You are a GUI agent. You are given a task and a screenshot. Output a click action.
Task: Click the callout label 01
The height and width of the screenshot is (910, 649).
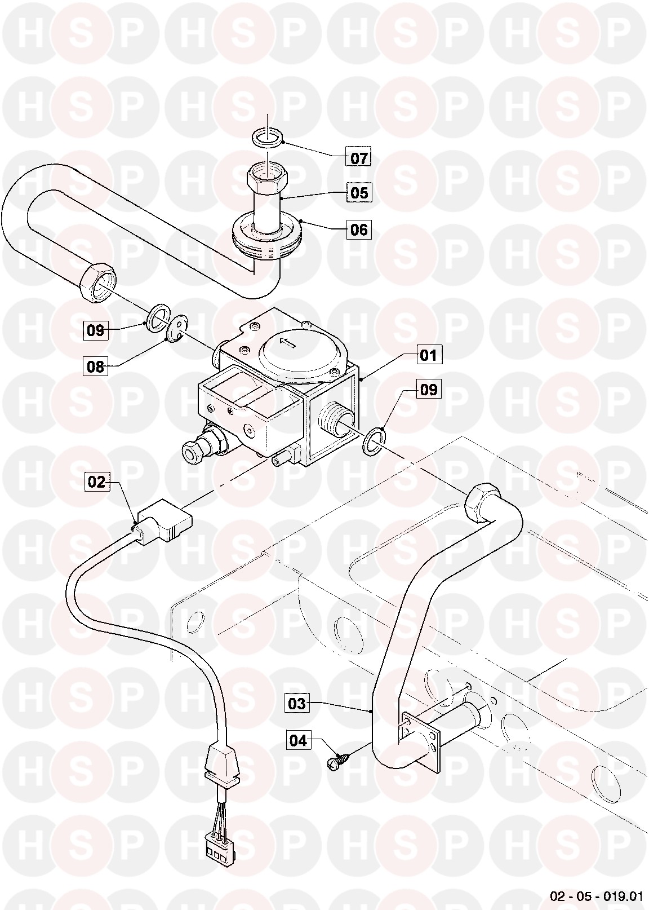(429, 355)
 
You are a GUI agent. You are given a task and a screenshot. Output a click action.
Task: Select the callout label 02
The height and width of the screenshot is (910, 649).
(97, 482)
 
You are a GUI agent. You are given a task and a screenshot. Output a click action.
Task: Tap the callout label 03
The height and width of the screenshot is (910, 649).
(297, 703)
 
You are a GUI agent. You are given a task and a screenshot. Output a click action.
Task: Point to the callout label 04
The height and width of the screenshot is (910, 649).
(299, 741)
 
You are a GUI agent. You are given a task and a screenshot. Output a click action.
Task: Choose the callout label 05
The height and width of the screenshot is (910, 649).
(359, 193)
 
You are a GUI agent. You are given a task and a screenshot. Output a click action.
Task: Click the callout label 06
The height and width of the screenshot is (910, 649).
(359, 230)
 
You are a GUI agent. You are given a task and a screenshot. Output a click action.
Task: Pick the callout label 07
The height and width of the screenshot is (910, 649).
(359, 158)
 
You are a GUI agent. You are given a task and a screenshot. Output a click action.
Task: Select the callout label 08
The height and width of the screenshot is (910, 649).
(96, 366)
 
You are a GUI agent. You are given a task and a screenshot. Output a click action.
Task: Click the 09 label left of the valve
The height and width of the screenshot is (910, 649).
(96, 330)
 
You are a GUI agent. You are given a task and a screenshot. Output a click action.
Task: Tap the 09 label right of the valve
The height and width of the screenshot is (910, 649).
(429, 390)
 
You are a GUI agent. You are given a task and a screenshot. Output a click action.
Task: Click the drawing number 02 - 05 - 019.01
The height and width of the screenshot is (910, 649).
(596, 895)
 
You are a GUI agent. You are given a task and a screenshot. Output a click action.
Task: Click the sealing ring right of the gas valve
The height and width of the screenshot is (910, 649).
(373, 441)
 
